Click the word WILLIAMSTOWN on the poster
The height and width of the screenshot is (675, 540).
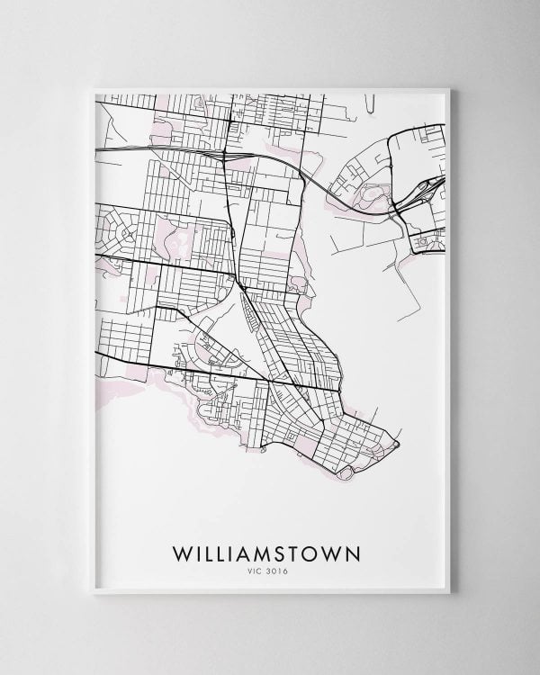pyautogui.click(x=271, y=550)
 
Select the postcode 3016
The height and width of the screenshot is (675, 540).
pyautogui.click(x=280, y=568)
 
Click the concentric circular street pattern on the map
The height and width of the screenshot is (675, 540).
pyautogui.click(x=122, y=233)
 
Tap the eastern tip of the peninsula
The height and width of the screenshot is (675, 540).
pyautogui.click(x=397, y=445)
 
